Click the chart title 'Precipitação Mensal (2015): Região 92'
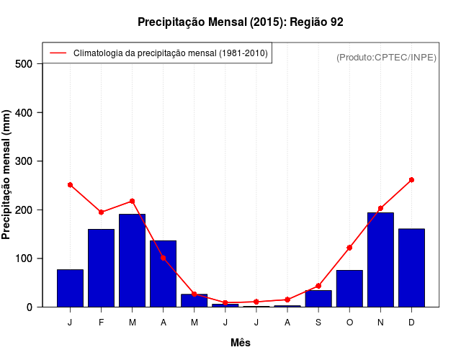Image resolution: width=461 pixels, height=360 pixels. tap(240, 22)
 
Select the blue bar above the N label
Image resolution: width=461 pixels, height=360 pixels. tap(380, 259)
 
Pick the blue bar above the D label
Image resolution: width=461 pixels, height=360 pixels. tap(411, 268)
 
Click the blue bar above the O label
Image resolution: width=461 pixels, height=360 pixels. tap(349, 288)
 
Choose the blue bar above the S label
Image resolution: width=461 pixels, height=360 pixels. tap(318, 298)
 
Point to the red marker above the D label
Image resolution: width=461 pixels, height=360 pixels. tap(411, 180)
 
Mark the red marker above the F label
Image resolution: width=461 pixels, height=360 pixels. tap(101, 212)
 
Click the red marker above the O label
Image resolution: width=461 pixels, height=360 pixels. tap(349, 248)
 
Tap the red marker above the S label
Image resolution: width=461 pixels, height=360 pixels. tap(318, 286)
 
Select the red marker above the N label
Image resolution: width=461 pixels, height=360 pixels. tap(380, 208)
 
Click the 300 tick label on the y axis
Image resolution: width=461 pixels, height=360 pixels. tap(24, 161)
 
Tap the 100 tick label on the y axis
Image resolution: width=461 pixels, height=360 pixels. tap(24, 258)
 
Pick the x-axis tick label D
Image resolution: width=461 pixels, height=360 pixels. tap(411, 323)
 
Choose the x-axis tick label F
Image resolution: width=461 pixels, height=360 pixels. tap(101, 323)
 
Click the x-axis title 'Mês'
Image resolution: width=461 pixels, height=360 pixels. tap(241, 343)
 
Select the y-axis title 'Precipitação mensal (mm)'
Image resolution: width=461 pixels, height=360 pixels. tap(7, 175)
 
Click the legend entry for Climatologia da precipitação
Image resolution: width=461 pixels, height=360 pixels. tap(170, 53)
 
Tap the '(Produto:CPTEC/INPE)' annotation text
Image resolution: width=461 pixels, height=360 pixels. tap(386, 57)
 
